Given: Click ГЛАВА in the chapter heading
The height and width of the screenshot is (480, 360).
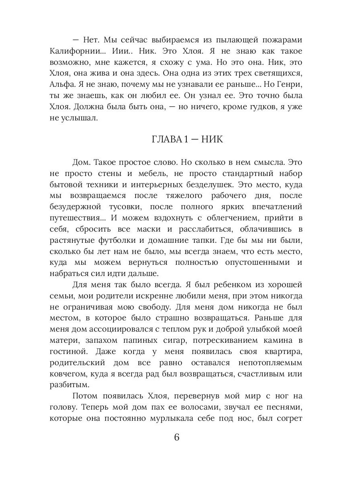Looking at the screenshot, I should pos(170,140).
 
